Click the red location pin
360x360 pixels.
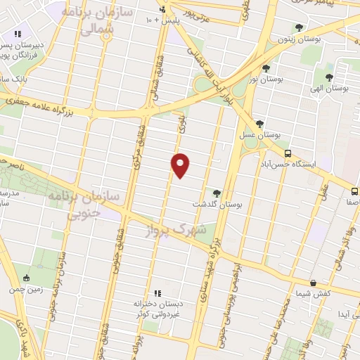pyautogui.click(x=181, y=165)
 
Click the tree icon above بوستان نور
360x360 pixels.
pyautogui.click(x=266, y=68)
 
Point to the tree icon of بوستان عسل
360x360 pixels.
pyautogui.click(x=260, y=124)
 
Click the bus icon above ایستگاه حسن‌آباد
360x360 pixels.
pyautogui.click(x=287, y=153)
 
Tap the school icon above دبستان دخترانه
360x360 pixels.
pyautogui.click(x=157, y=293)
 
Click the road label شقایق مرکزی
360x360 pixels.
pyautogui.click(x=137, y=154)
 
